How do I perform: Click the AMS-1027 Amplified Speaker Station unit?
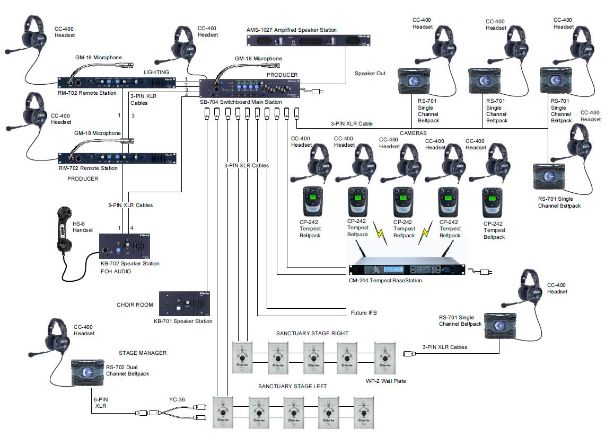pyautogui.click(x=308, y=41)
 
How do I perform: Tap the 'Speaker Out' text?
pyautogui.click(x=370, y=73)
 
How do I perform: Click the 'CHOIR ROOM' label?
pyautogui.click(x=135, y=305)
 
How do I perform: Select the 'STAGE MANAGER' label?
pyautogui.click(x=142, y=353)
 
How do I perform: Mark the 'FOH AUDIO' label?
pyautogui.click(x=116, y=271)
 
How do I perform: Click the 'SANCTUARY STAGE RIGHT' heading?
pyautogui.click(x=312, y=334)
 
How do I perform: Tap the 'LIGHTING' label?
pyautogui.click(x=156, y=72)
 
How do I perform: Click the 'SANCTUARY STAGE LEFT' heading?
pyautogui.click(x=292, y=387)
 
